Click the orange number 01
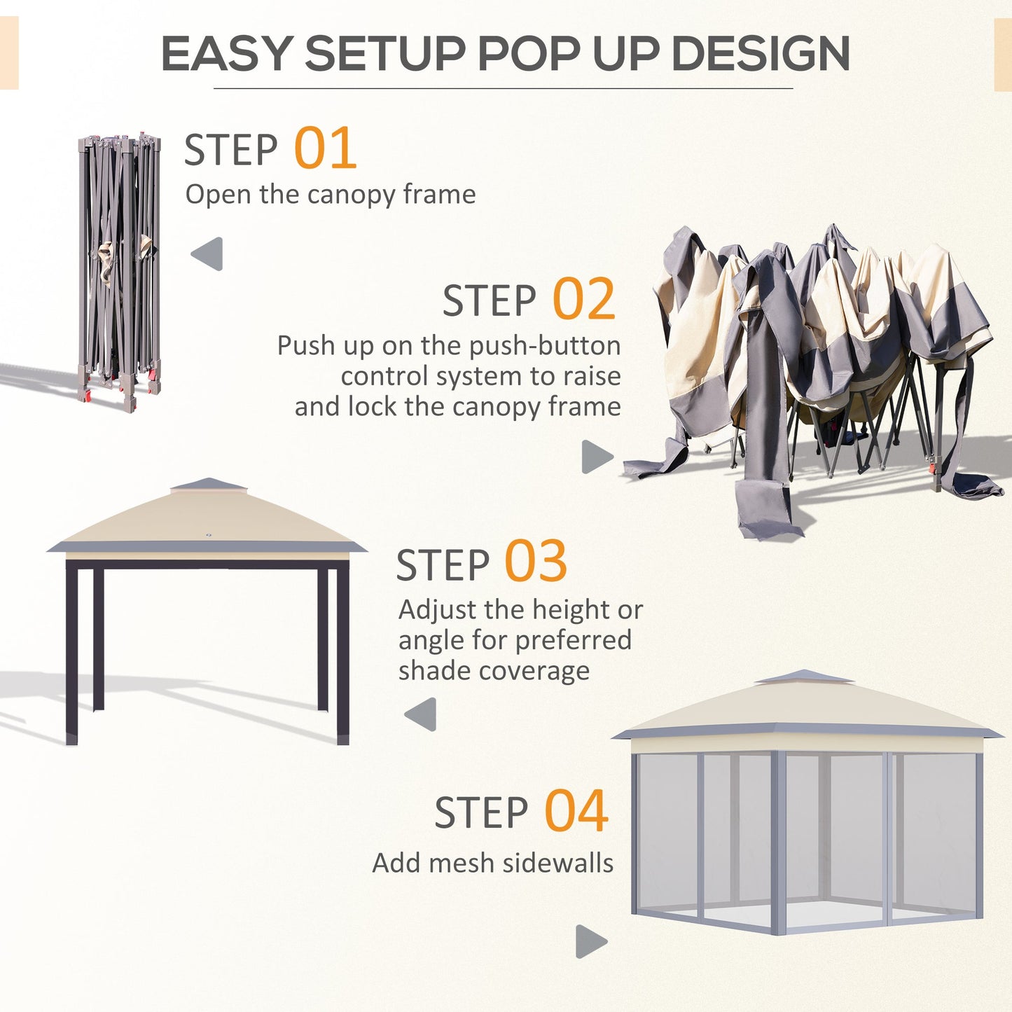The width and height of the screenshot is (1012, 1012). (326, 148)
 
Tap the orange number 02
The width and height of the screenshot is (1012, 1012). (584, 300)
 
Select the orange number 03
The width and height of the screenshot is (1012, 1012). (536, 562)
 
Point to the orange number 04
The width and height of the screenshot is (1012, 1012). (576, 811)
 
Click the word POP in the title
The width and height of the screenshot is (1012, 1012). (531, 54)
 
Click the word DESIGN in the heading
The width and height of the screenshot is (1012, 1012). (761, 54)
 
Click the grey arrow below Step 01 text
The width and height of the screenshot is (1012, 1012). (207, 254)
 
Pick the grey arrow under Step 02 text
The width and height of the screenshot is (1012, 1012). (597, 457)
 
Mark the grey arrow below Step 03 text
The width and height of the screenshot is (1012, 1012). (421, 714)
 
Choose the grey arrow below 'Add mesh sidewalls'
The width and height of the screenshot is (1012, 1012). (591, 941)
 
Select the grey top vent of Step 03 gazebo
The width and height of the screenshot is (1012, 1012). (209, 485)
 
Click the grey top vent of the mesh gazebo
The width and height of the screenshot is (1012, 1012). (804, 677)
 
